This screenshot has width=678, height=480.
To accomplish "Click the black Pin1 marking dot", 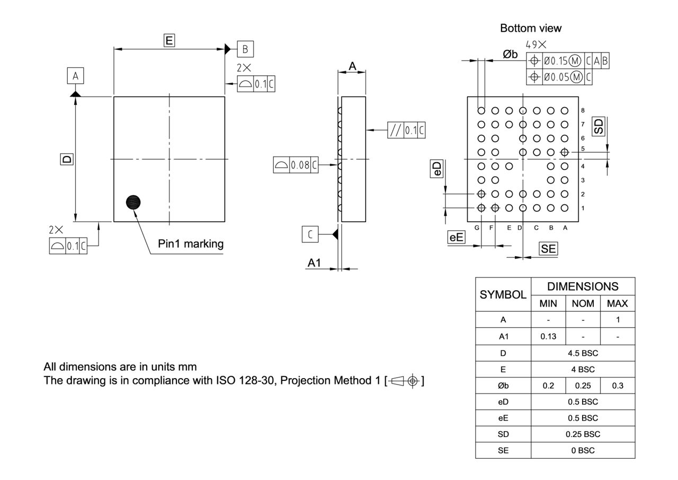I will click(134, 202).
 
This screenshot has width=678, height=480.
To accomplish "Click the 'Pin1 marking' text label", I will click(191, 244).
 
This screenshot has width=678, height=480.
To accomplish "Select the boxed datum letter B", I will click(245, 49).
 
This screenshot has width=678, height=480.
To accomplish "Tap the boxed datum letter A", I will click(75, 76).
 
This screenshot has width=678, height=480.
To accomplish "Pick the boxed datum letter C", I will click(310, 234).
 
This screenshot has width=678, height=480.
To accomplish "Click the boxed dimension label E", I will click(169, 40).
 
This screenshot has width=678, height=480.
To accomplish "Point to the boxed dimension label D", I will click(66, 159).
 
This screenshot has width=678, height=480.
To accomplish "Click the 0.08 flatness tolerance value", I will click(300, 165).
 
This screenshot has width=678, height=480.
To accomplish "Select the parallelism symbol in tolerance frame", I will click(395, 130).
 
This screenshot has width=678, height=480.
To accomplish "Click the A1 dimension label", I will click(315, 263).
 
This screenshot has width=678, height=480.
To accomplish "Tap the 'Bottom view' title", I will click(530, 28).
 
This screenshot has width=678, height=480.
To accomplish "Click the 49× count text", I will click(536, 45).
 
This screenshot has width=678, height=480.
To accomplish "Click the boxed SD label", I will click(599, 126).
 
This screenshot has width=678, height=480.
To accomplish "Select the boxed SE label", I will click(548, 248).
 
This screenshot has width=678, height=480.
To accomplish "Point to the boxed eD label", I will click(437, 169).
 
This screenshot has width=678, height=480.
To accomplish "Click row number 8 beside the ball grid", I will click(583, 110).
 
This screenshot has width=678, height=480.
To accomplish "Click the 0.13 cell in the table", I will click(548, 336).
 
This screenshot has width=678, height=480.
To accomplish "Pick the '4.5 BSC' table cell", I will click(583, 353).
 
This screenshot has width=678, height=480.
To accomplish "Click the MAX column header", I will click(618, 303).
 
